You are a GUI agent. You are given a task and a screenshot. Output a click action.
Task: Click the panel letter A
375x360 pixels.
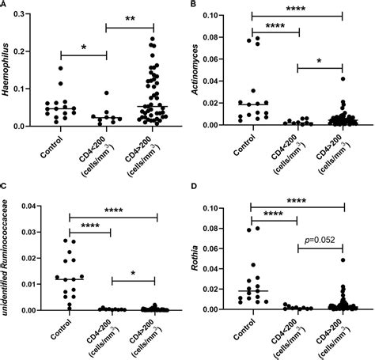pyautogui.click(x=5, y=6)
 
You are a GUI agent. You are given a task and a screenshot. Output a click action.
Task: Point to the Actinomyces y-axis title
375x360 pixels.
pyautogui.click(x=197, y=68)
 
